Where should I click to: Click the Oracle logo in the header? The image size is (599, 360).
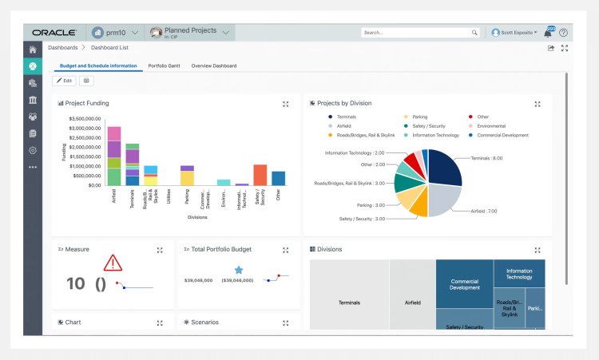(x=54, y=33)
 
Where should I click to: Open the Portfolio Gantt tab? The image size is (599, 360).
(x=164, y=65)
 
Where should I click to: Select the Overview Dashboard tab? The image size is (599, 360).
(x=214, y=65)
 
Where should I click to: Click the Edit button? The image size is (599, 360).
(x=64, y=81)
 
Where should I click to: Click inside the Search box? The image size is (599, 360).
(x=415, y=33)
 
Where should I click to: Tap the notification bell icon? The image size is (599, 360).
(x=548, y=33)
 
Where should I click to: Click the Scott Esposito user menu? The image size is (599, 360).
(x=514, y=33)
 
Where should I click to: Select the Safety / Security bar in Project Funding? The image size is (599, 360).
(x=260, y=175)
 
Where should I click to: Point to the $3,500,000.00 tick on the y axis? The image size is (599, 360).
(x=85, y=118)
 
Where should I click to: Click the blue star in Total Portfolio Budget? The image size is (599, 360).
(x=238, y=270)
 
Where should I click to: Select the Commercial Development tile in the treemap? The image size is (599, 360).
(x=464, y=284)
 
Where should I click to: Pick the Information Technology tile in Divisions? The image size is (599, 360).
(x=518, y=274)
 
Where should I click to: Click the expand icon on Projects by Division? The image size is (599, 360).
(x=538, y=104)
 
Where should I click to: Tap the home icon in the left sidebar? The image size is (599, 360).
(x=32, y=49)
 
